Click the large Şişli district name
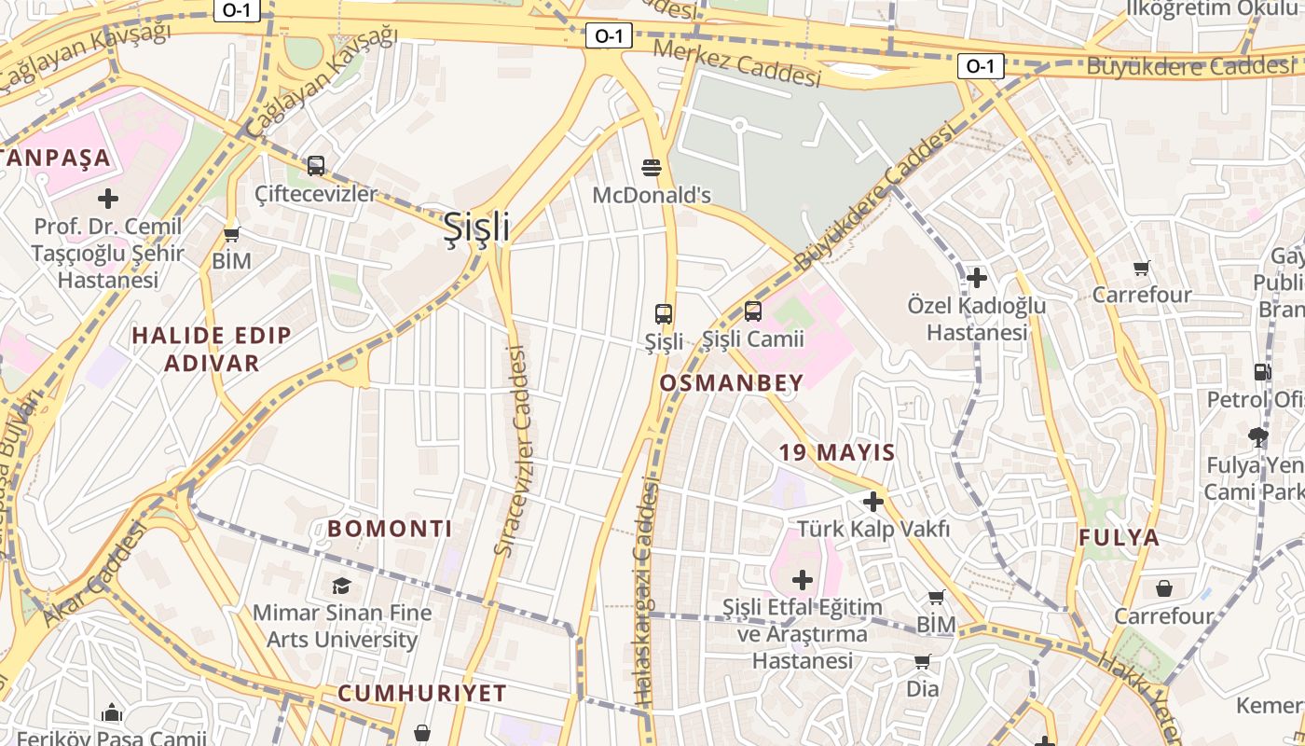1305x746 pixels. [476, 227]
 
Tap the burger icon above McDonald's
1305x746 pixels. [652, 168]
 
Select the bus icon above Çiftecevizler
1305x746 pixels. [316, 166]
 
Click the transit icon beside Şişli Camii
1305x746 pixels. [752, 311]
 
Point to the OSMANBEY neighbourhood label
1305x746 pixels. [732, 382]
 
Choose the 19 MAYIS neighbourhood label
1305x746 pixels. [837, 453]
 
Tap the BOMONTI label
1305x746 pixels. [390, 529]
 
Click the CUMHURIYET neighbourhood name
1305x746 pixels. [422, 693]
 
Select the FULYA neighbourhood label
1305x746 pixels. [1120, 537]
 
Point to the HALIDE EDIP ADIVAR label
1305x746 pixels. [212, 349]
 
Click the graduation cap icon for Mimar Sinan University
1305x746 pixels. [341, 586]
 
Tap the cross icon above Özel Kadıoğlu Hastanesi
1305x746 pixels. [977, 278]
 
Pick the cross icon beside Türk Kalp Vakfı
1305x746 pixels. [873, 502]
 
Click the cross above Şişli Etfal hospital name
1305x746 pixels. [802, 580]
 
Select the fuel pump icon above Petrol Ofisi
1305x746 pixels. [1262, 371]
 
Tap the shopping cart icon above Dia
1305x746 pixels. [922, 662]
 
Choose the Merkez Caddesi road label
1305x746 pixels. [736, 62]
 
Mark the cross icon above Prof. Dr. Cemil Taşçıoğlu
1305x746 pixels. [108, 199]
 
